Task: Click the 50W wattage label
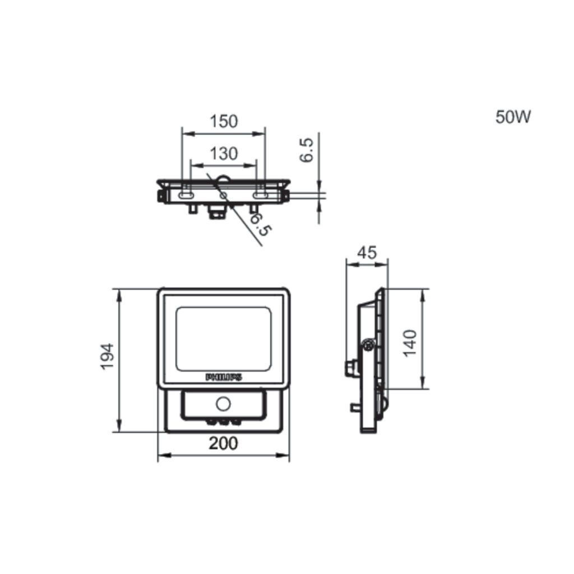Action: [513, 117]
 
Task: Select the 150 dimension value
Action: [224, 121]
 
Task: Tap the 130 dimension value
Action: [224, 154]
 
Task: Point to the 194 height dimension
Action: [107, 357]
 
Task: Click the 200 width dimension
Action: [223, 443]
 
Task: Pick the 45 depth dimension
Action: [367, 253]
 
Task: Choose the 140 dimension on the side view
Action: [410, 343]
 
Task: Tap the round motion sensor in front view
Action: [223, 404]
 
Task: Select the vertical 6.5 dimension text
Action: [307, 150]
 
